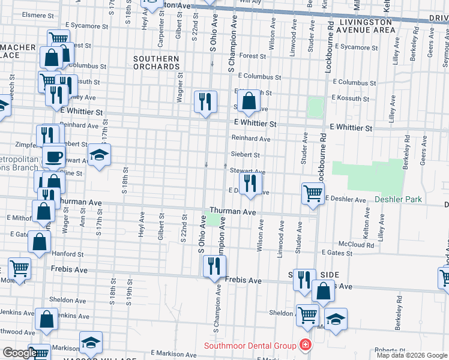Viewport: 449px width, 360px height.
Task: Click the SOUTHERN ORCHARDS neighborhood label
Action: (x=156, y=63)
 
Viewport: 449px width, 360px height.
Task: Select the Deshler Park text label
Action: (x=399, y=199)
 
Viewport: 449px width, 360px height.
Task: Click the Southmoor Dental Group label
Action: (x=250, y=346)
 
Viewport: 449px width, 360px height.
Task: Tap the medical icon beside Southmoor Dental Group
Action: (x=305, y=346)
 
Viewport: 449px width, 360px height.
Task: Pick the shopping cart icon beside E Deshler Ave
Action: (x=312, y=193)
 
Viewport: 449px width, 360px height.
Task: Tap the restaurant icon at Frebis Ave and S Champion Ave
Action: (x=214, y=266)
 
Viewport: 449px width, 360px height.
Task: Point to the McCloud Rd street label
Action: (x=356, y=244)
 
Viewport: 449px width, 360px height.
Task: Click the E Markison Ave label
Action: (x=173, y=353)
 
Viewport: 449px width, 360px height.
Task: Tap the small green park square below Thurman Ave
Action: (x=213, y=220)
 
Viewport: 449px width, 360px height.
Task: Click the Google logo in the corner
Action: (x=19, y=353)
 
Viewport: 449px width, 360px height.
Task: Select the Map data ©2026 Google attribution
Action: (x=411, y=355)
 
